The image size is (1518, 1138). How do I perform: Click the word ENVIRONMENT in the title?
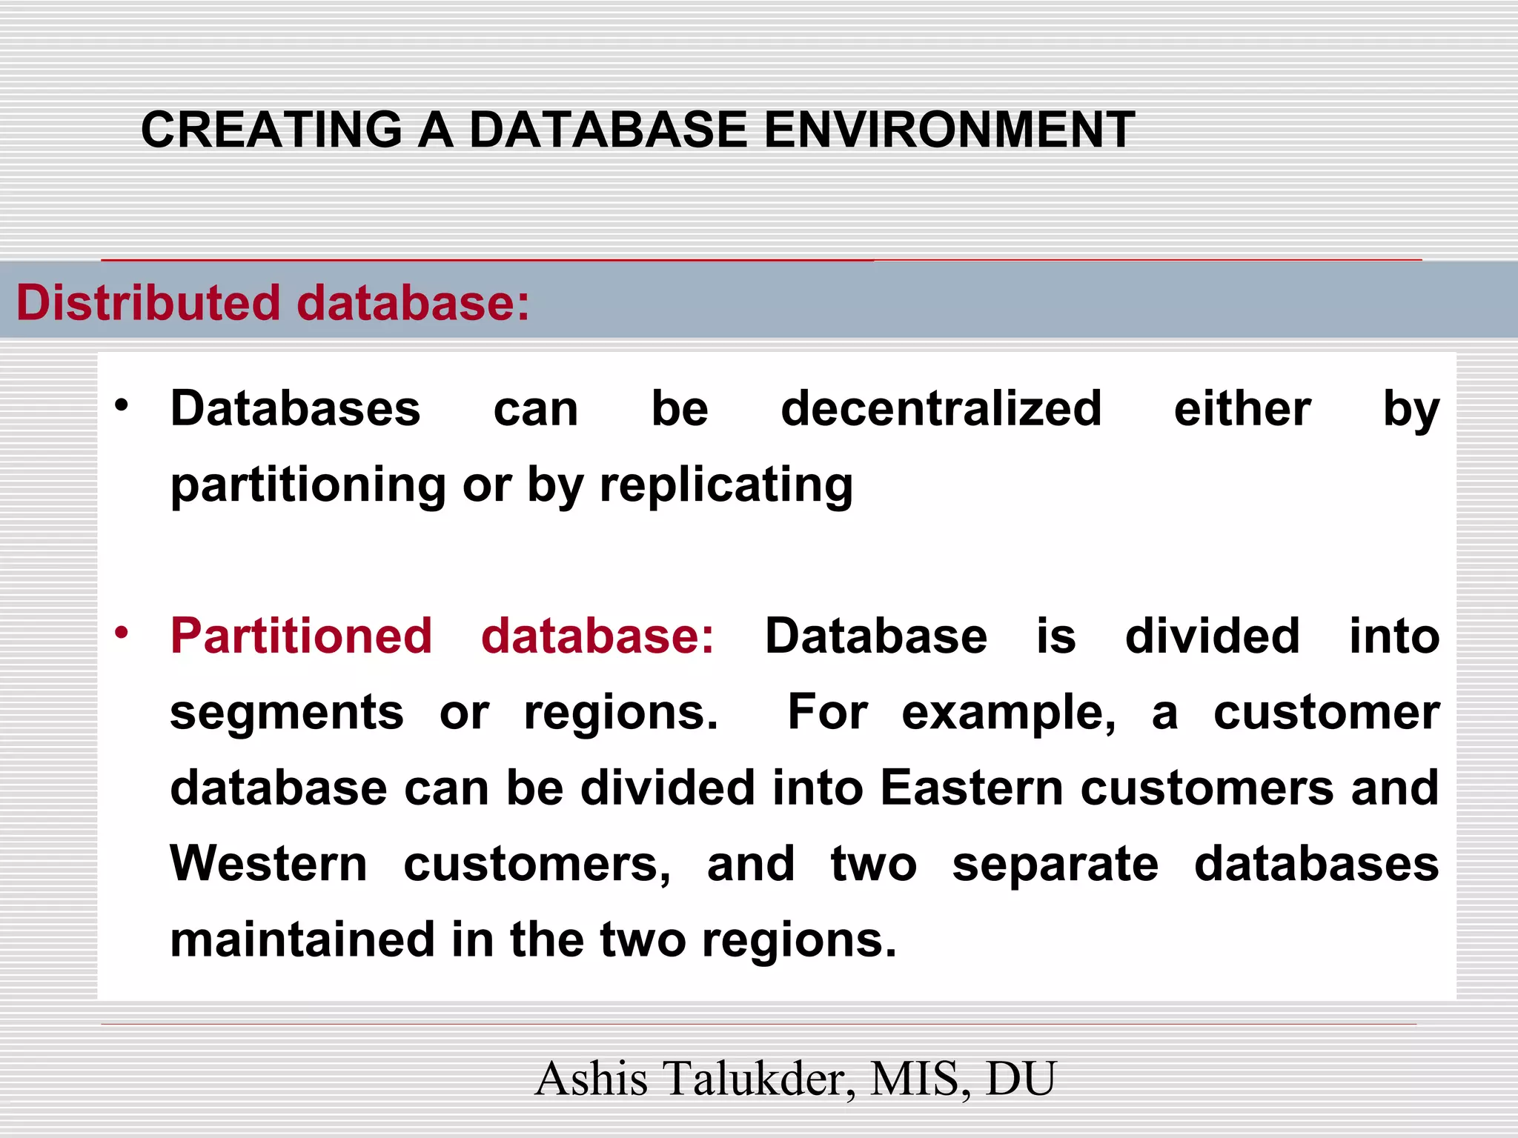(x=949, y=130)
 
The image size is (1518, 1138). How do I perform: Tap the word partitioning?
(x=308, y=486)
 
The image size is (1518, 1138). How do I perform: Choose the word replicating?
(x=726, y=486)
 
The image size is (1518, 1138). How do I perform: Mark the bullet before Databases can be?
(x=122, y=406)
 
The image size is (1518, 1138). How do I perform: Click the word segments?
(x=287, y=713)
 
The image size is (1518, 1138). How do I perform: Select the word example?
(x=1008, y=713)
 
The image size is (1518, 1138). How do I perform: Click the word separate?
(x=1055, y=864)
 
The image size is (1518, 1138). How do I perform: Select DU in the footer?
(x=1020, y=1079)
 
